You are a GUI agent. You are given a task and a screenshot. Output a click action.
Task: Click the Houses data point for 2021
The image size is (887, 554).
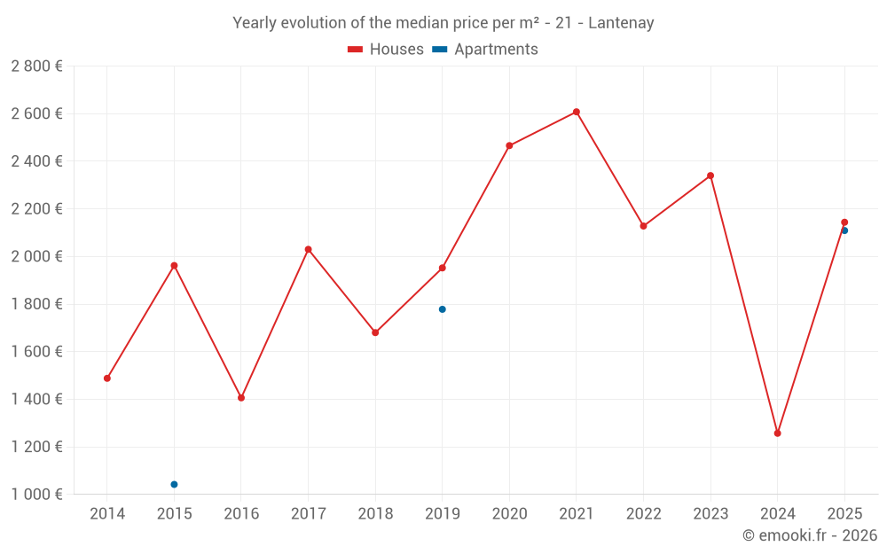click(576, 112)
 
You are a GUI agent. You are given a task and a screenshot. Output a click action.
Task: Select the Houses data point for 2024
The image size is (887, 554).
click(777, 433)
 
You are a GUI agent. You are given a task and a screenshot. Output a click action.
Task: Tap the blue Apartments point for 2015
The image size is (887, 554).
click(174, 484)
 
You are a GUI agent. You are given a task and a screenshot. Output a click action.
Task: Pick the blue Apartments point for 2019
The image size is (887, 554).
click(442, 309)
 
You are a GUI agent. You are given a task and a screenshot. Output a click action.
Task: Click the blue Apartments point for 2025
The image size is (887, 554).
click(844, 230)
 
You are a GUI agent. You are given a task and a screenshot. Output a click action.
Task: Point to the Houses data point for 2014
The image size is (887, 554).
click(107, 378)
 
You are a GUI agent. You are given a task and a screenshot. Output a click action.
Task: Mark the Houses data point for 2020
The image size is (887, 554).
click(509, 145)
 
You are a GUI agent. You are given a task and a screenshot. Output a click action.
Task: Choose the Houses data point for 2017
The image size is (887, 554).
click(308, 249)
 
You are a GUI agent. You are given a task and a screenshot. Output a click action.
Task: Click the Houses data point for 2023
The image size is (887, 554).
click(710, 176)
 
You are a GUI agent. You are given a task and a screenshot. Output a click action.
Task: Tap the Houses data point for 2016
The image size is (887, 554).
click(241, 398)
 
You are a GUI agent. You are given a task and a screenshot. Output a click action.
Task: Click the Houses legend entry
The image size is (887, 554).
click(396, 50)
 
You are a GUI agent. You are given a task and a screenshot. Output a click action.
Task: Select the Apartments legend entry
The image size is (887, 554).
click(495, 50)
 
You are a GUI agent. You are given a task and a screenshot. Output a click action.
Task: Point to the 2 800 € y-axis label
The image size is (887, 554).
click(36, 66)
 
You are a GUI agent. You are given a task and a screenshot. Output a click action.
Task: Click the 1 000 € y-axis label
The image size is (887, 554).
click(36, 495)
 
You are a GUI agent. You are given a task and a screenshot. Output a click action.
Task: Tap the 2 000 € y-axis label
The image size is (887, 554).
click(36, 256)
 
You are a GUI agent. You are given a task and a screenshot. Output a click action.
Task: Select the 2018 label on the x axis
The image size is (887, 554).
click(375, 514)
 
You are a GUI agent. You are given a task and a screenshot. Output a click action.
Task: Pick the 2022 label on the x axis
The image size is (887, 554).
click(643, 514)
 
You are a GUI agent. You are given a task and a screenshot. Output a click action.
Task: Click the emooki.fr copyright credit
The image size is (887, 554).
click(809, 535)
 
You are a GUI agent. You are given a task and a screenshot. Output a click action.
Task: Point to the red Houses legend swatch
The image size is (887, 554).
click(355, 50)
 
